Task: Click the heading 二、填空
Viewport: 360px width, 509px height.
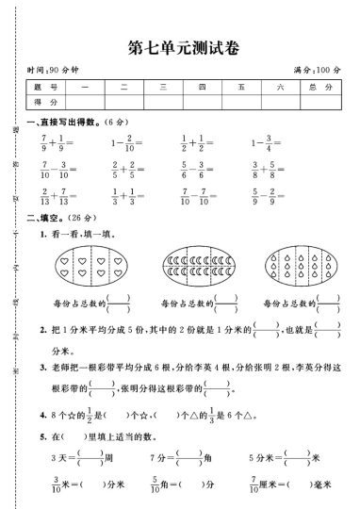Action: coord(49,218)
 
